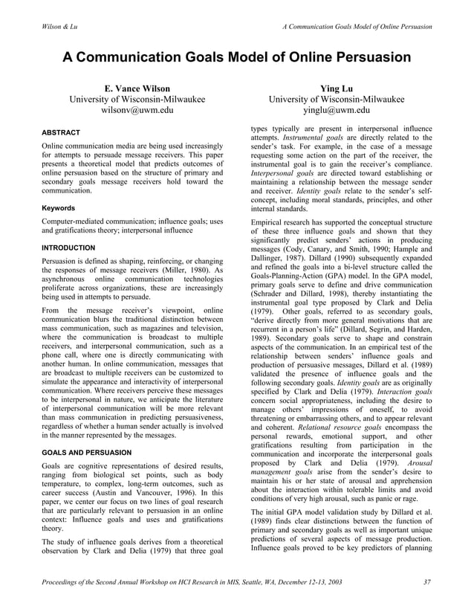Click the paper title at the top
[x=236, y=57]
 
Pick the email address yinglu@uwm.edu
[x=336, y=111]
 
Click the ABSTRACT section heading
[x=61, y=133]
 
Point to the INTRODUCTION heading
[x=68, y=248]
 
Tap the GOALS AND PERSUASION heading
[x=87, y=452]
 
